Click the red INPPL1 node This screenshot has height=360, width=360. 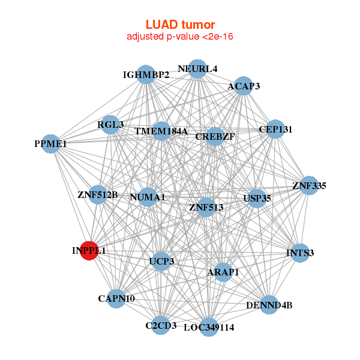pyautogui.click(x=89, y=251)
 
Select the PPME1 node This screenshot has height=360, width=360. pyautogui.click(x=51, y=144)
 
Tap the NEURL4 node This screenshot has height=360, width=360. pyautogui.click(x=197, y=69)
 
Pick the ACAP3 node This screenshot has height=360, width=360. pyautogui.click(x=243, y=86)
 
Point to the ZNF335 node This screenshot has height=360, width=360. pyautogui.click(x=308, y=186)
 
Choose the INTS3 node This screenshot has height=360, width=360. pyautogui.click(x=299, y=253)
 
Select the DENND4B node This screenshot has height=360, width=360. pyautogui.click(x=269, y=305)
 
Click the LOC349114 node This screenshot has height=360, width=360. pyautogui.click(x=208, y=327)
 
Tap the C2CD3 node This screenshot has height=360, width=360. pyautogui.click(x=161, y=325)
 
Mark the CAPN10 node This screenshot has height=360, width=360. pyautogui.click(x=116, y=298)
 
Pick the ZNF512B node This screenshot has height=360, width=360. pyautogui.click(x=98, y=194)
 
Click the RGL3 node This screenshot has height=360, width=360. pyautogui.click(x=110, y=125)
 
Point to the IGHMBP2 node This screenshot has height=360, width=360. pyautogui.click(x=146, y=75)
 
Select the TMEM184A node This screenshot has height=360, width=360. pyautogui.click(x=161, y=131)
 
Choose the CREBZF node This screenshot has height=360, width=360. pyautogui.click(x=215, y=137)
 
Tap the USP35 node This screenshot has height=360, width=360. pyautogui.click(x=257, y=198)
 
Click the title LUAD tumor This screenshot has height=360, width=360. pyautogui.click(x=180, y=25)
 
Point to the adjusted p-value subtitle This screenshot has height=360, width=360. pyautogui.click(x=180, y=37)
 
